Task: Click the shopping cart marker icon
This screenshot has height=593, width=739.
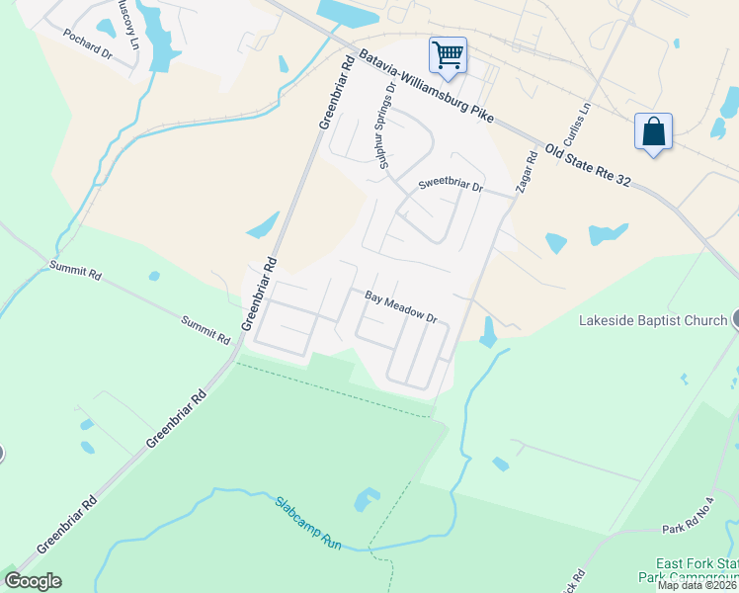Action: point(448,54)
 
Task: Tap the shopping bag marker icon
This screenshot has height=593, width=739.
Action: point(654,131)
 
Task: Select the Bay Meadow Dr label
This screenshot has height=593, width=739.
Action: point(401,307)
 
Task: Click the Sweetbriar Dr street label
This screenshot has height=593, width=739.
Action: point(450,185)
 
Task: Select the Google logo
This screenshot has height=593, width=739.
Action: point(33,581)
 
